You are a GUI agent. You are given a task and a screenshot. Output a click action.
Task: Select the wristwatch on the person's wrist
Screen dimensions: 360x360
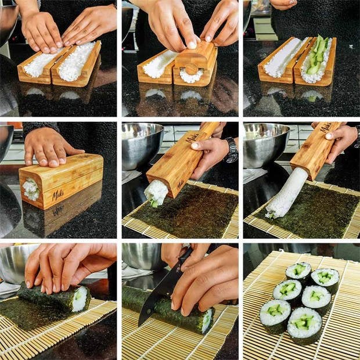(x=232, y=150)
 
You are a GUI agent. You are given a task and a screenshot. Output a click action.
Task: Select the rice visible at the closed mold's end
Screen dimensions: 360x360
(x=31, y=189)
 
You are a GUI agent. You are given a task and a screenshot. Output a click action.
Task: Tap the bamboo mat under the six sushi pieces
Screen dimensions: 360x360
(x=261, y=343)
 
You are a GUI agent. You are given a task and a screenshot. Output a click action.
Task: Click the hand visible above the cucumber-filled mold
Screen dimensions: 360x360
(x=283, y=4)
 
